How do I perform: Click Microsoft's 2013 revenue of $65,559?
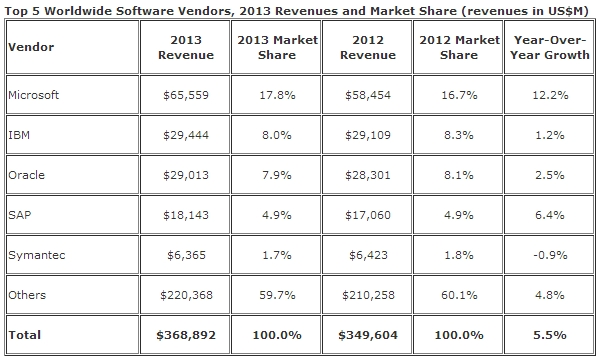pyautogui.click(x=186, y=95)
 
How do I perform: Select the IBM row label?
pyautogui.click(x=19, y=135)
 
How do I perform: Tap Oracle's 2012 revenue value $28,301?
pyautogui.click(x=368, y=175)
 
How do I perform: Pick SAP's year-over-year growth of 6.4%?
pyautogui.click(x=549, y=215)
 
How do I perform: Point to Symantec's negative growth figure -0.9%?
pyautogui.click(x=550, y=255)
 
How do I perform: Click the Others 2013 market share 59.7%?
pyautogui.click(x=277, y=295)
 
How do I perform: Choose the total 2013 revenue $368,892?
pyautogui.click(x=186, y=335)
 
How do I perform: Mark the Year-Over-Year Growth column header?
pyautogui.click(x=549, y=47)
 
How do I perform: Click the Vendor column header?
pyautogui.click(x=31, y=47)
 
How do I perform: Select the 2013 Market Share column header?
pyautogui.click(x=277, y=47)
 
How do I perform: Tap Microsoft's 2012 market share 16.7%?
pyautogui.click(x=459, y=95)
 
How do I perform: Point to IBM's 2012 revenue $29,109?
pyautogui.click(x=368, y=135)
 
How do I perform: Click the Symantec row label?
pyautogui.click(x=37, y=255)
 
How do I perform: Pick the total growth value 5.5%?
pyautogui.click(x=549, y=335)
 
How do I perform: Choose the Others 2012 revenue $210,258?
pyautogui.click(x=368, y=295)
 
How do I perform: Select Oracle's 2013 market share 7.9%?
pyautogui.click(x=277, y=175)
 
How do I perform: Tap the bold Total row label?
pyautogui.click(x=24, y=335)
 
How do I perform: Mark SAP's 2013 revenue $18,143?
pyautogui.click(x=186, y=215)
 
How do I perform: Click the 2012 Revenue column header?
pyautogui.click(x=368, y=47)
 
